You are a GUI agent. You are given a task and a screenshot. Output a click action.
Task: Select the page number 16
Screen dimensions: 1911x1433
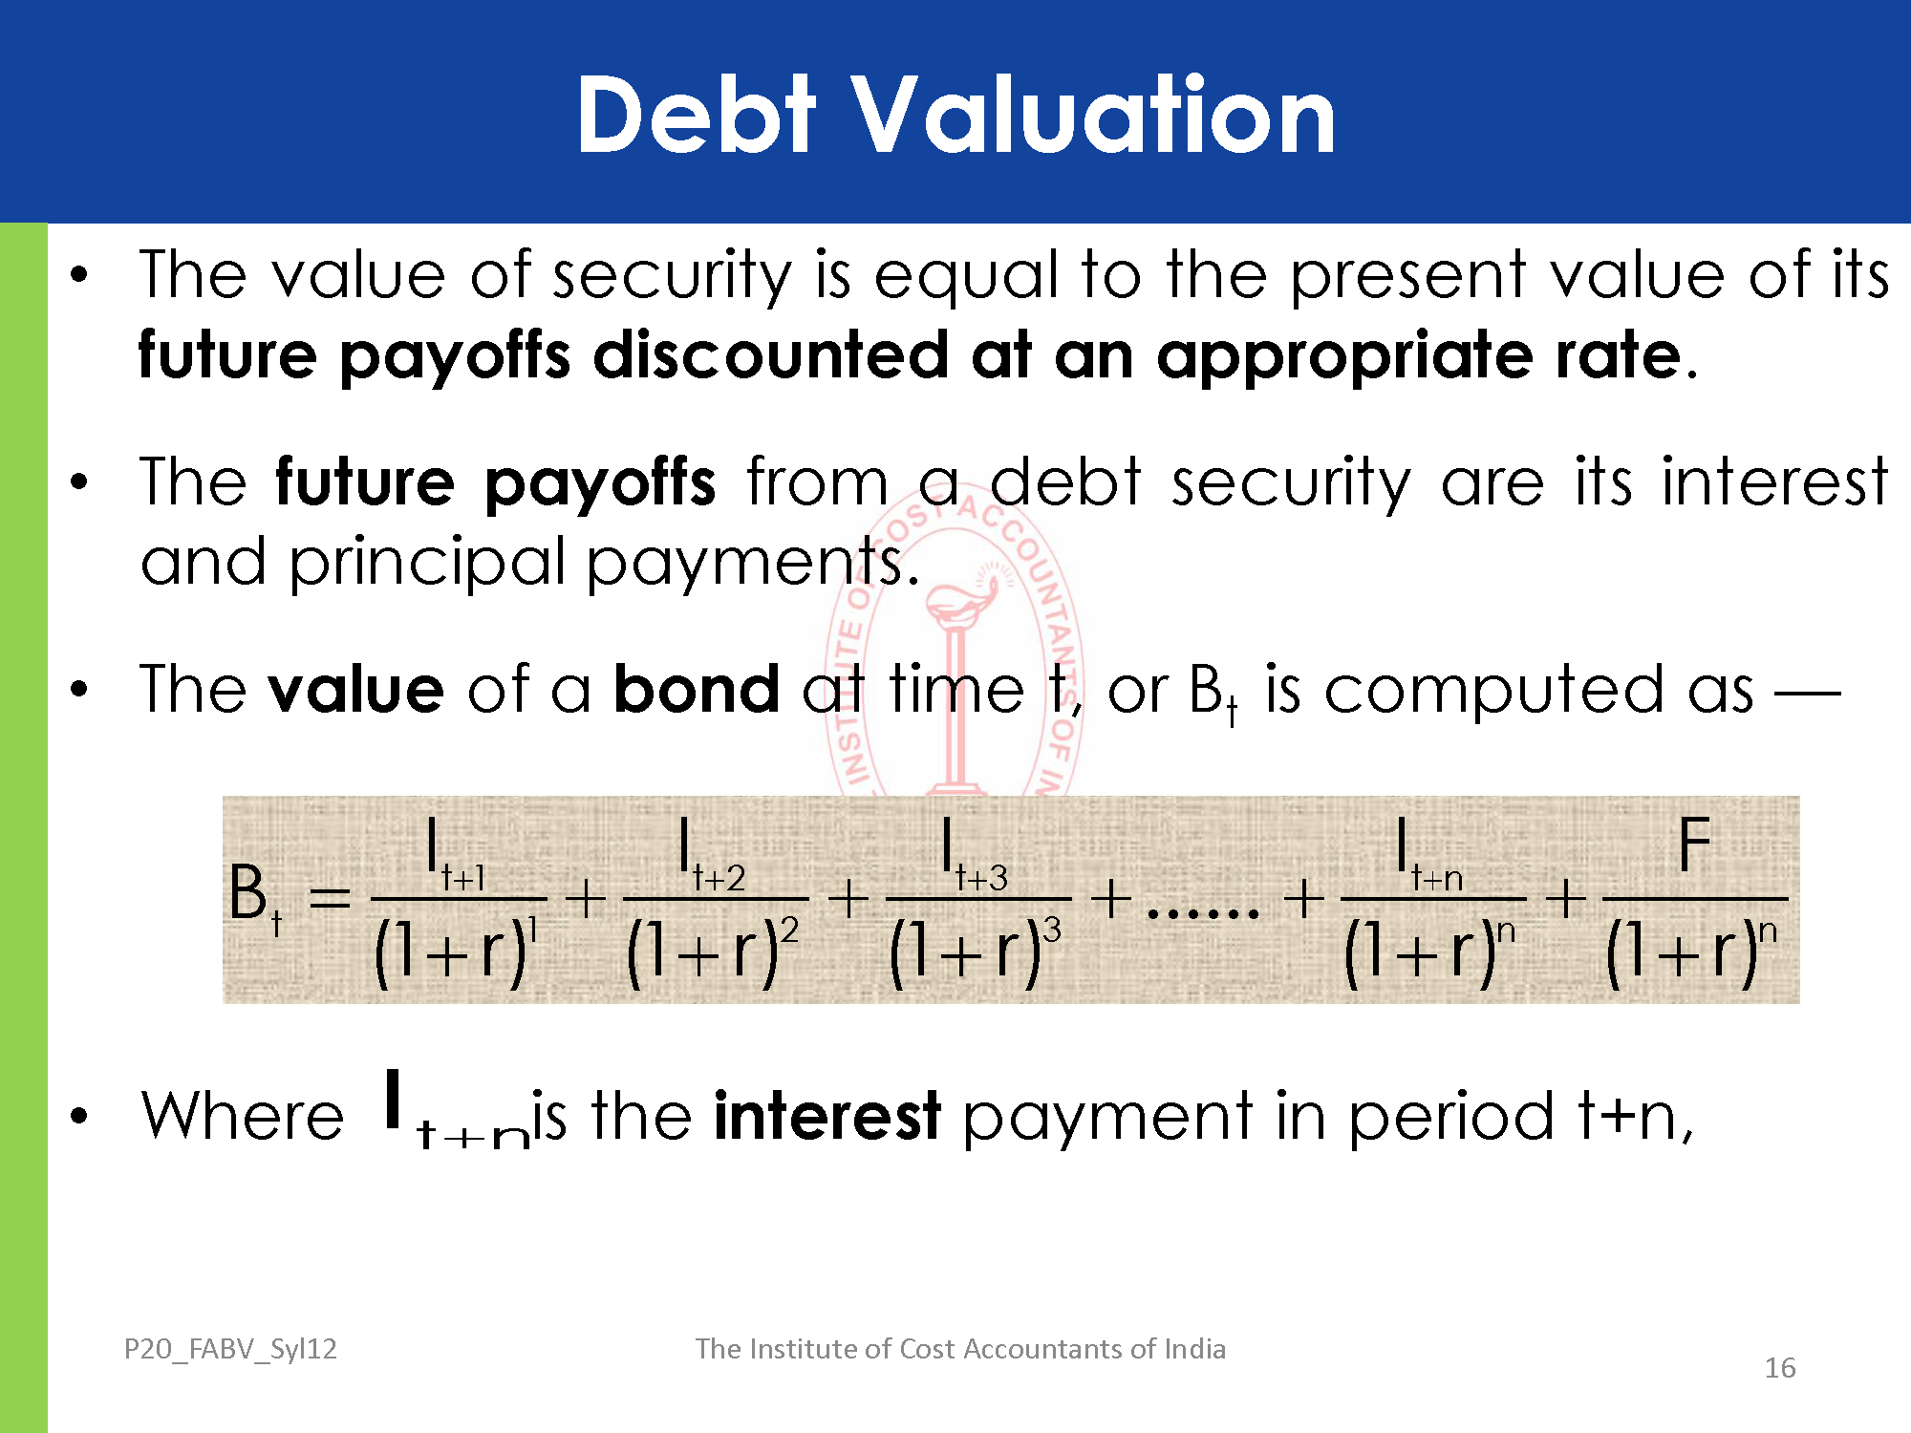coord(1780,1368)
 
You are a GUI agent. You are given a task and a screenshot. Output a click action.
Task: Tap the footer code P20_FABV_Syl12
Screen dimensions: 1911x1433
coord(230,1349)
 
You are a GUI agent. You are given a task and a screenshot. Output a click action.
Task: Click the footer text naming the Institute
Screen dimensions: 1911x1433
coord(960,1348)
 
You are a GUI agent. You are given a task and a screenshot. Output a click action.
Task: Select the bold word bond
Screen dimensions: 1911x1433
coord(697,688)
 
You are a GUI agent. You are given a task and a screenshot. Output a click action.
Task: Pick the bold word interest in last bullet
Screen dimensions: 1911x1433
coord(827,1115)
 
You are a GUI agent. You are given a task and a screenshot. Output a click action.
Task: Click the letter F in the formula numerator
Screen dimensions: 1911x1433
coord(1694,845)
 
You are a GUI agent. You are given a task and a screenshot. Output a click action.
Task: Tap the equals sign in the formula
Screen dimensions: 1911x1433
coord(331,898)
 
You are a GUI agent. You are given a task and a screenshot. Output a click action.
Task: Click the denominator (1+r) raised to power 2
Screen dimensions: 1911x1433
coord(713,952)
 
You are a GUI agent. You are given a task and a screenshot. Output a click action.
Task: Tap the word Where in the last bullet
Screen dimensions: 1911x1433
coord(243,1115)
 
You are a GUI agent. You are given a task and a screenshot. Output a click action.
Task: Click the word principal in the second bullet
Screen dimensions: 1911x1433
coord(428,564)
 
